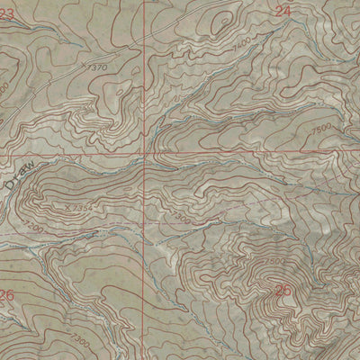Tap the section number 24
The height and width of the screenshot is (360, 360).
pos(283,12)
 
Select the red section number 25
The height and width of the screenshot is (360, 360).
pos(283,290)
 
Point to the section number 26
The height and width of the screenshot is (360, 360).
pos(7,295)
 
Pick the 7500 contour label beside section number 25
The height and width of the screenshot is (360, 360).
pos(276,262)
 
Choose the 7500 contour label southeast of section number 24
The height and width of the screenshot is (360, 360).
pos(321,128)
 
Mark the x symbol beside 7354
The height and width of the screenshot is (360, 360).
pos(66,206)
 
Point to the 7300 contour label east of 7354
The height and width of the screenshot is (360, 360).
pos(181,219)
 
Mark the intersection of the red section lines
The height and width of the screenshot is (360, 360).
pos(144,153)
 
